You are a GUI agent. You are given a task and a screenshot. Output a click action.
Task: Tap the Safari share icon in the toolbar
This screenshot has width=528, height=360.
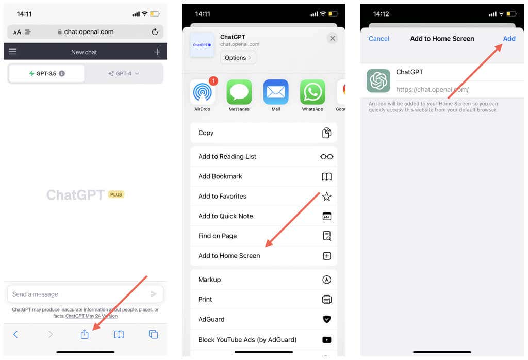point(85,334)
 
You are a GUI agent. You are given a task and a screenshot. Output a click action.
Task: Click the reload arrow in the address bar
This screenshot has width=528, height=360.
point(155,31)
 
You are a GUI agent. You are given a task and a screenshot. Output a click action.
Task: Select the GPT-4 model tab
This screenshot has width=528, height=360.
point(124,73)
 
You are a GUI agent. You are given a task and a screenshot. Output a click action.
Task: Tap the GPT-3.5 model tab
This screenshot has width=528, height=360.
point(47,73)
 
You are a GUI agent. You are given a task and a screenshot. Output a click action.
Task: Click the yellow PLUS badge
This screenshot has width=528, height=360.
point(116,194)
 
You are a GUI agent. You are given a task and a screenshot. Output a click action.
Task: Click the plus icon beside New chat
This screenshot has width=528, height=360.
point(157,52)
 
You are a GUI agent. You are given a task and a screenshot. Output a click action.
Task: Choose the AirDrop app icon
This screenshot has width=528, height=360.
point(202,92)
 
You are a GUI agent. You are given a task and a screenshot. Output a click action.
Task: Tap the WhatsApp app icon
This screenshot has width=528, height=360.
point(312,92)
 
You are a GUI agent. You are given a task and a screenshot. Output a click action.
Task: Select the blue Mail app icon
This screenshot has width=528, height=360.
point(276,92)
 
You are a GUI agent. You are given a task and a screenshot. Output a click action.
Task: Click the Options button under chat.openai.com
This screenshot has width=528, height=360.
point(238,58)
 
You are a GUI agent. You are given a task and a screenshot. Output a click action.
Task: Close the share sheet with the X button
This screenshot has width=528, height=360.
point(333,38)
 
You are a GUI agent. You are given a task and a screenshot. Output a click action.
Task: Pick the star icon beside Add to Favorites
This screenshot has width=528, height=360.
point(326,197)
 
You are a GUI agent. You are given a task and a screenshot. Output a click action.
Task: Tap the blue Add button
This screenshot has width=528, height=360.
point(509,39)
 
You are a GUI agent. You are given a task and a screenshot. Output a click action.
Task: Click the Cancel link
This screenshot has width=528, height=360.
point(379,39)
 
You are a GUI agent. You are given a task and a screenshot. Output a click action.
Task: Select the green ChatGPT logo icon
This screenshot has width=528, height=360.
point(378,81)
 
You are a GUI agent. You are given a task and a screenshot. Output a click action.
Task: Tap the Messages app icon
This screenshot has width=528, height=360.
point(239,92)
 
